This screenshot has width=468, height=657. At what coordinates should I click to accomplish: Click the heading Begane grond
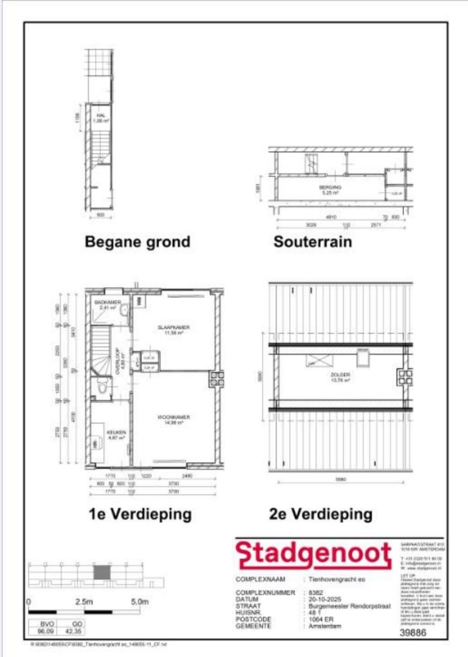pyautogui.click(x=137, y=242)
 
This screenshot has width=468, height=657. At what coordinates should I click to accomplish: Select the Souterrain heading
pyautogui.click(x=313, y=242)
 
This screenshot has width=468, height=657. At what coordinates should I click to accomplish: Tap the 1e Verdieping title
pyautogui.click(x=140, y=514)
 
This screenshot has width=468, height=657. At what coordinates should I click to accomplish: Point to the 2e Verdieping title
pyautogui.click(x=321, y=514)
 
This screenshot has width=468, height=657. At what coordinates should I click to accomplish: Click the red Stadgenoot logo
pyautogui.click(x=313, y=554)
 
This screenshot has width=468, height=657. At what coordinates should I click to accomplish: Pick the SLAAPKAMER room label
pyautogui.click(x=174, y=328)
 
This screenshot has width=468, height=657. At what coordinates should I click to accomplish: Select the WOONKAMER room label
pyautogui.click(x=174, y=417)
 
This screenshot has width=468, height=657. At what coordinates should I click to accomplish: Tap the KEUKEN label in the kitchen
pyautogui.click(x=116, y=433)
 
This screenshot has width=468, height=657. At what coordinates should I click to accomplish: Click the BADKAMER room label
pyautogui.click(x=108, y=302)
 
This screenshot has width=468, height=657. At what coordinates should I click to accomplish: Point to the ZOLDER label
pyautogui.click(x=340, y=375)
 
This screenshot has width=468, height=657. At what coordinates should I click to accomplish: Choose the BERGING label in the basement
pyautogui.click(x=330, y=187)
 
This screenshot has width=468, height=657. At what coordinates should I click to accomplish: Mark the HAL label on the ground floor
pyautogui.click(x=101, y=115)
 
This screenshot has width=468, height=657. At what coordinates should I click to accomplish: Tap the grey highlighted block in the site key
pyautogui.click(x=102, y=573)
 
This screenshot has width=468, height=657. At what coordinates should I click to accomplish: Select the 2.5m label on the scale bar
pyautogui.click(x=84, y=602)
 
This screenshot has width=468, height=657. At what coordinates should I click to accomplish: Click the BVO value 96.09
pyautogui.click(x=45, y=631)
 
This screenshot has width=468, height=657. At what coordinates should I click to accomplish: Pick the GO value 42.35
pyautogui.click(x=74, y=631)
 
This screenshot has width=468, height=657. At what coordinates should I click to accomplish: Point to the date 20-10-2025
pyautogui.click(x=325, y=599)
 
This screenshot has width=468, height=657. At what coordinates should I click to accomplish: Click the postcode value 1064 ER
pyautogui.click(x=321, y=619)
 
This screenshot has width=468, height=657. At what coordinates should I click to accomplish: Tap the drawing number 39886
pyautogui.click(x=413, y=633)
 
